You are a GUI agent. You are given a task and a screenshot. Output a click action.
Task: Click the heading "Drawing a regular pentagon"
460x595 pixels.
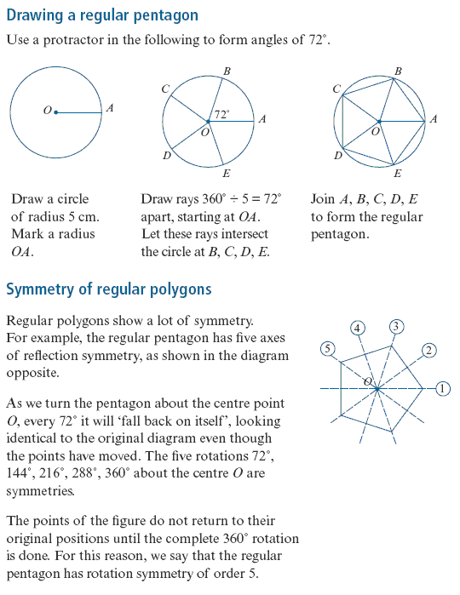click(102, 15)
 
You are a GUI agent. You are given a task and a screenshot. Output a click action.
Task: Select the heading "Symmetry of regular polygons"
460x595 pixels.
click(109, 289)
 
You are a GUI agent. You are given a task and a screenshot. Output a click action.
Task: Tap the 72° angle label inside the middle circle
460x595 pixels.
click(221, 114)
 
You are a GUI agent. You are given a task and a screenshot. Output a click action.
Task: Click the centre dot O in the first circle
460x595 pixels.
click(56, 112)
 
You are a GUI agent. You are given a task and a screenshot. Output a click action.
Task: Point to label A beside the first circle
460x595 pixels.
click(110, 108)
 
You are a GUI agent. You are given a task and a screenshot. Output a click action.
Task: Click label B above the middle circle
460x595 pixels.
click(227, 72)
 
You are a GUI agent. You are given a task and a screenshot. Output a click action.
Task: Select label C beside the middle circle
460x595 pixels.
click(165, 89)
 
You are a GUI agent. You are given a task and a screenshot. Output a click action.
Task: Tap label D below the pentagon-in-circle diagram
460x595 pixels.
click(337, 156)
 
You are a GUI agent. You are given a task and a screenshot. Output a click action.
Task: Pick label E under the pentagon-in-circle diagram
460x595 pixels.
click(397, 174)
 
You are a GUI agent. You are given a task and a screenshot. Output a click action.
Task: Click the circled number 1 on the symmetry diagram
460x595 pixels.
click(442, 388)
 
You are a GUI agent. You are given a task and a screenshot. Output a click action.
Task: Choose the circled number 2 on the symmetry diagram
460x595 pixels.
click(428, 350)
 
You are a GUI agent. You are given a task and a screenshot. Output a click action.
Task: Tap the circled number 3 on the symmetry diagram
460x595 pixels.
click(396, 327)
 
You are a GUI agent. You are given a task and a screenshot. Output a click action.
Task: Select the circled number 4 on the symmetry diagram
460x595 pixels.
click(357, 329)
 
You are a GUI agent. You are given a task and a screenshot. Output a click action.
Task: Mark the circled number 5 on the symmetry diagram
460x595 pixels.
click(328, 349)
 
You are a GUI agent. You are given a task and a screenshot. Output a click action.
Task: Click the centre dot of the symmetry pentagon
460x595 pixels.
click(377, 388)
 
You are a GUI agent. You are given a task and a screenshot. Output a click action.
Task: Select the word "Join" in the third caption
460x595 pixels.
click(323, 199)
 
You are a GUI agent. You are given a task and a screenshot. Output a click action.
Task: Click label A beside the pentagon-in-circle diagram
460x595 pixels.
click(434, 119)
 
